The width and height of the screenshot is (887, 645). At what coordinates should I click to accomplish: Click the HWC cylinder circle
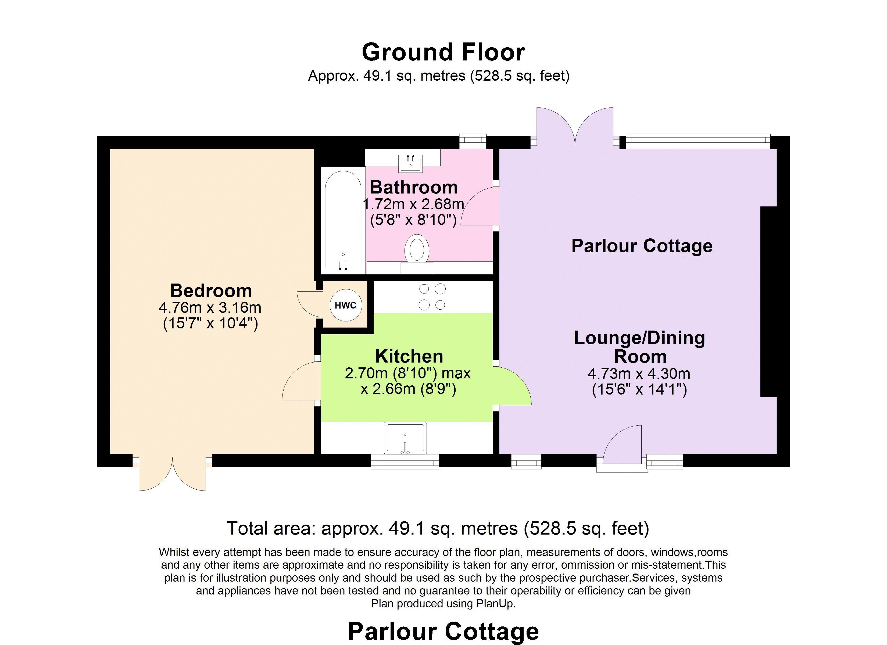coord(346,305)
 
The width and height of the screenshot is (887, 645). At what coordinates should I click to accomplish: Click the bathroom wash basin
coord(411,163)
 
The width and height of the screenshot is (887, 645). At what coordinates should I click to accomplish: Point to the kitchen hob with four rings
coord(432,297)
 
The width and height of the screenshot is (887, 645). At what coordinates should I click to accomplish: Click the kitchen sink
coord(405,438)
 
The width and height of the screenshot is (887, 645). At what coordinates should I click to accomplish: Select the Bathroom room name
coord(414,187)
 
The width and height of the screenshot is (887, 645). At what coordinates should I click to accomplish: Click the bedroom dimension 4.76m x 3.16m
coord(210,307)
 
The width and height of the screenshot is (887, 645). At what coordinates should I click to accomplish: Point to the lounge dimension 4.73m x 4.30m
coord(639,374)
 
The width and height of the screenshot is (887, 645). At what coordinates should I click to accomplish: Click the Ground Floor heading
coord(443,52)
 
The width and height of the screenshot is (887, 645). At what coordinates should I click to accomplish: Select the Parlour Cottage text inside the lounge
coord(642,246)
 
